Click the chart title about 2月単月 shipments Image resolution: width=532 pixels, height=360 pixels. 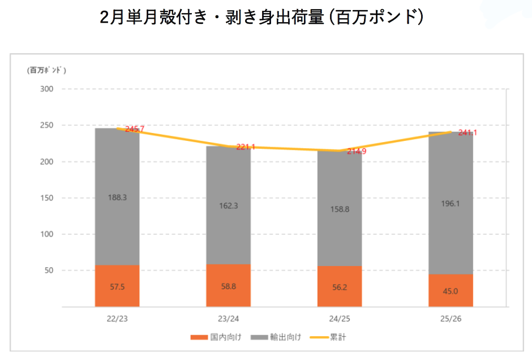pos(261,18)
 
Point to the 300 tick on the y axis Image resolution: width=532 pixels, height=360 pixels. pos(46,89)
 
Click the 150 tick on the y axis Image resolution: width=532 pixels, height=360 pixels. pos(46,198)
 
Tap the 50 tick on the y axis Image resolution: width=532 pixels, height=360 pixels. pos(48,271)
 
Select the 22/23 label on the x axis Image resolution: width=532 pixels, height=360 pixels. pos(117,319)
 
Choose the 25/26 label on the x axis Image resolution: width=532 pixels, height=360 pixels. pos(451,319)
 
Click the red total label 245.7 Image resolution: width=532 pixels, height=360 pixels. pos(135,129)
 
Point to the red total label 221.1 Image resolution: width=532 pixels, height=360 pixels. pos(246,147)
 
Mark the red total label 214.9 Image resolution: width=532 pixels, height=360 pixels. pos(357,151)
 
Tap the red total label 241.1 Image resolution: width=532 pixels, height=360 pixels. pos(467,133)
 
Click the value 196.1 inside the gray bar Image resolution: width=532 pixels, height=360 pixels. pos(451,204)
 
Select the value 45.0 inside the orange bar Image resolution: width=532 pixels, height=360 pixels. pos(451,292)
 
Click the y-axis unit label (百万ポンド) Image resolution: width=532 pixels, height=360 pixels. pos(46,70)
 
